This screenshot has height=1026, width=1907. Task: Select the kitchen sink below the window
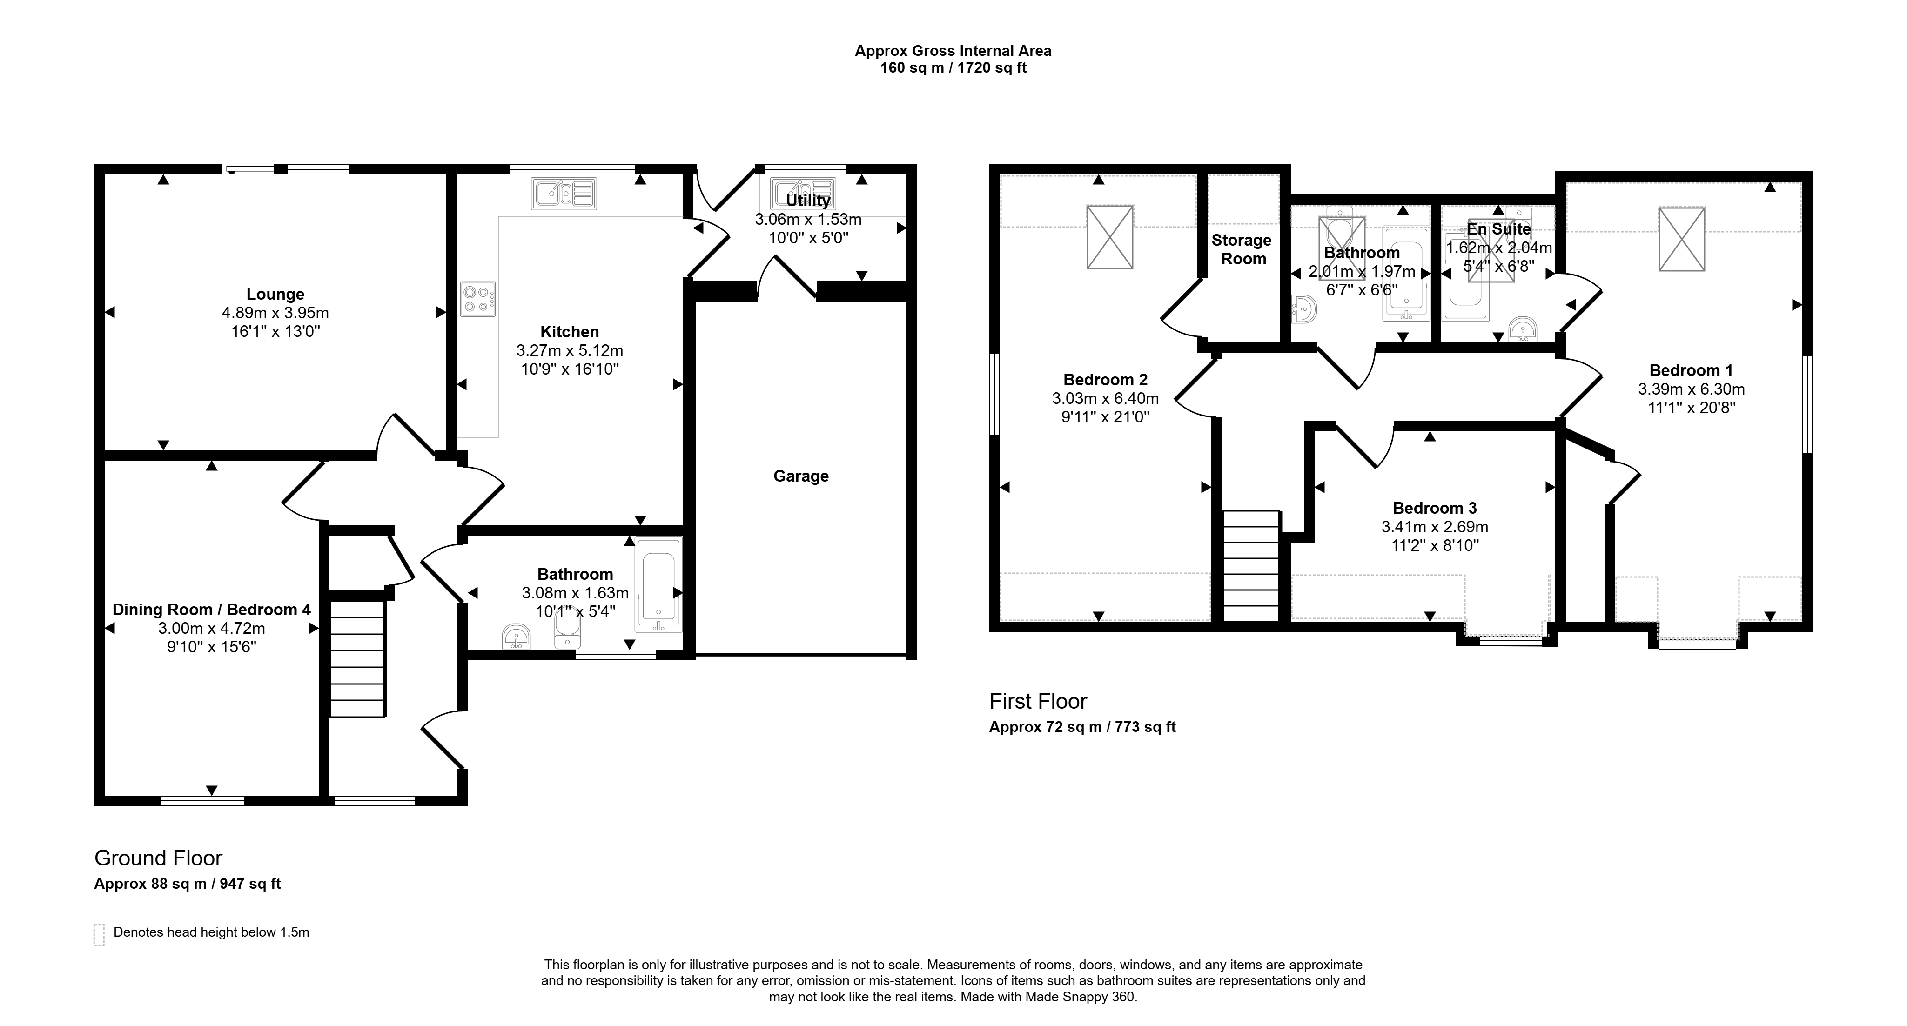pyautogui.click(x=564, y=194)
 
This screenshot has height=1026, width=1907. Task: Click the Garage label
pyautogui.click(x=801, y=476)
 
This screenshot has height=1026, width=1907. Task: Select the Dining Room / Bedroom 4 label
pyautogui.click(x=212, y=609)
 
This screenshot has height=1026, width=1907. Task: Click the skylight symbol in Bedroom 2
pyautogui.click(x=1110, y=237)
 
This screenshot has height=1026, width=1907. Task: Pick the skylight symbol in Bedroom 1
pyautogui.click(x=1682, y=239)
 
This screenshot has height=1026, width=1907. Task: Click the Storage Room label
pyautogui.click(x=1242, y=249)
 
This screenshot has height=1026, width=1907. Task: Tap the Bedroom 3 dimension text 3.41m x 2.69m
pyautogui.click(x=1435, y=527)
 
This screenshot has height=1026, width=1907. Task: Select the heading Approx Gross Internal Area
pyautogui.click(x=953, y=51)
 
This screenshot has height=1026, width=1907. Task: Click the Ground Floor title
pyautogui.click(x=158, y=858)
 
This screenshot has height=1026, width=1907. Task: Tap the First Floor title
pyautogui.click(x=1038, y=701)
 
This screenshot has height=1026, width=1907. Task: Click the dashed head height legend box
pyautogui.click(x=99, y=935)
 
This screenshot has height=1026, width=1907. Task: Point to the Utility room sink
pyautogui.click(x=802, y=194)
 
